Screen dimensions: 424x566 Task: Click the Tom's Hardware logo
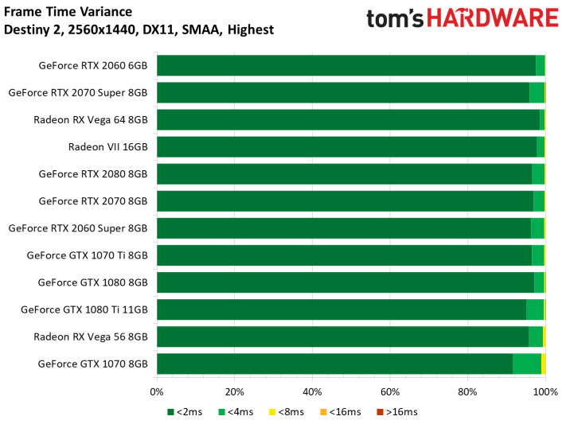tap(462, 20)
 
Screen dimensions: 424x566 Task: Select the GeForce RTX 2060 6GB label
tap(92, 65)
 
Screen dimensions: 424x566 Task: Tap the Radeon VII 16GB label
tap(107, 146)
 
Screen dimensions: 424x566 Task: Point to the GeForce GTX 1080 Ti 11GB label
tap(84, 309)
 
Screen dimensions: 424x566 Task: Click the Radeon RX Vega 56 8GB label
tap(90, 336)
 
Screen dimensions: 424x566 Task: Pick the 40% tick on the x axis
tap(312, 391)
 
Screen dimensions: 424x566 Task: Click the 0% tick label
tap(157, 391)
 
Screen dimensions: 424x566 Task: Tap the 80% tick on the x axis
tap(467, 391)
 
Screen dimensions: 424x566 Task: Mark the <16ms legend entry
tap(342, 411)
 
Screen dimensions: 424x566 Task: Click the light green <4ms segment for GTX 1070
tap(526, 364)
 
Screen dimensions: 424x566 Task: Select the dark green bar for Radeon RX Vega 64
tap(348, 119)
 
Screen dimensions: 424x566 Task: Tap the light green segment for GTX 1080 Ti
tap(535, 309)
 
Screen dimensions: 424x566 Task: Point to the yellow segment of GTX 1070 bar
tap(544, 364)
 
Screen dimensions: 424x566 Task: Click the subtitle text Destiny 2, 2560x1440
tap(139, 30)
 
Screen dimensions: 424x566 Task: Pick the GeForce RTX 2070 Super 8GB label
tap(78, 92)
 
